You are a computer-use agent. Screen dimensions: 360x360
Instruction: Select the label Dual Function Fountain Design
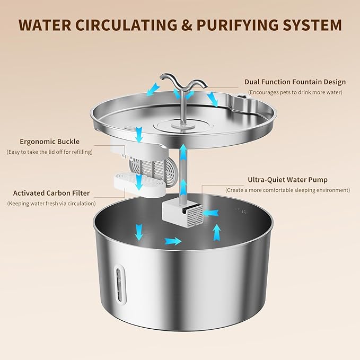[x=295, y=82]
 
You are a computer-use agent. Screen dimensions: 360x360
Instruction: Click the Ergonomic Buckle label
[x=49, y=142]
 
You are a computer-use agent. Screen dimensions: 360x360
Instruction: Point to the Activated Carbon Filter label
[x=51, y=193]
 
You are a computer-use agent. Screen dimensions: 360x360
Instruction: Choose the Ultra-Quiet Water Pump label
[x=287, y=180]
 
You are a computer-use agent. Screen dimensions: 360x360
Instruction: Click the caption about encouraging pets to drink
[x=295, y=92]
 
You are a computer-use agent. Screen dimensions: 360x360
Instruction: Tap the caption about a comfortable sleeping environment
[x=287, y=190]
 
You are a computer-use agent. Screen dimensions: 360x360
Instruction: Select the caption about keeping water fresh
[x=51, y=203]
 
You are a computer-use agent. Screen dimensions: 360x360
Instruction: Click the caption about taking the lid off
[x=49, y=152]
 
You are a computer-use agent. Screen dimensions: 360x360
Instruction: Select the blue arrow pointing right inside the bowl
[x=173, y=241]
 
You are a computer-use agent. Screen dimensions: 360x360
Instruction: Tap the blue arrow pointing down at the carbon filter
[x=138, y=182]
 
